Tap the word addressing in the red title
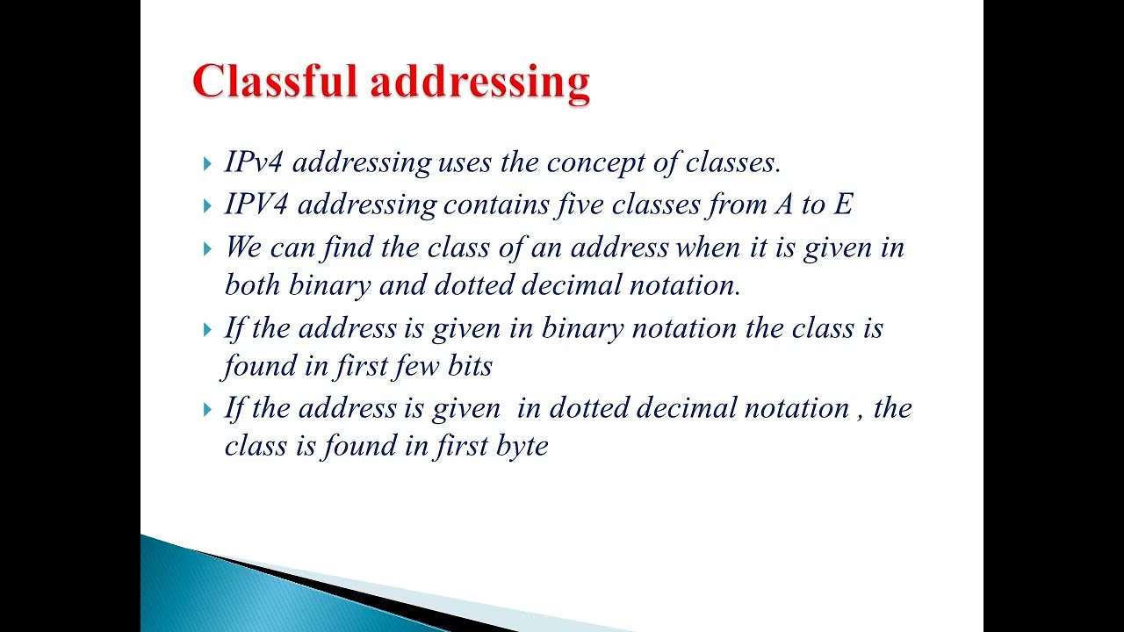(479, 83)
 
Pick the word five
(580, 205)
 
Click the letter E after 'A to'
(843, 205)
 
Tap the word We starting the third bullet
(243, 248)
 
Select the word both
(253, 284)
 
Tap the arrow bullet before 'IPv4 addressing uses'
(207, 163)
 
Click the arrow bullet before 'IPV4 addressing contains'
(207, 206)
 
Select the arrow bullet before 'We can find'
(207, 249)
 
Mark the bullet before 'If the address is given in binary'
(207, 330)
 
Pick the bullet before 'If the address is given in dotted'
(207, 410)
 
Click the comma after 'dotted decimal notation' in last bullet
(859, 414)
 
